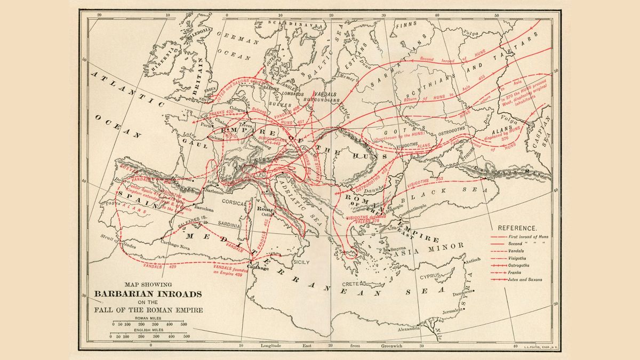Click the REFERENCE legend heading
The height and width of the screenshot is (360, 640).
517,227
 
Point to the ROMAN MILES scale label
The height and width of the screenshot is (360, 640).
148,317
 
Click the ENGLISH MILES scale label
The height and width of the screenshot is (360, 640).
148,330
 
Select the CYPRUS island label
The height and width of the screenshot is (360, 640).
432,276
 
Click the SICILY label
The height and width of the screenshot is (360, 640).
302,262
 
